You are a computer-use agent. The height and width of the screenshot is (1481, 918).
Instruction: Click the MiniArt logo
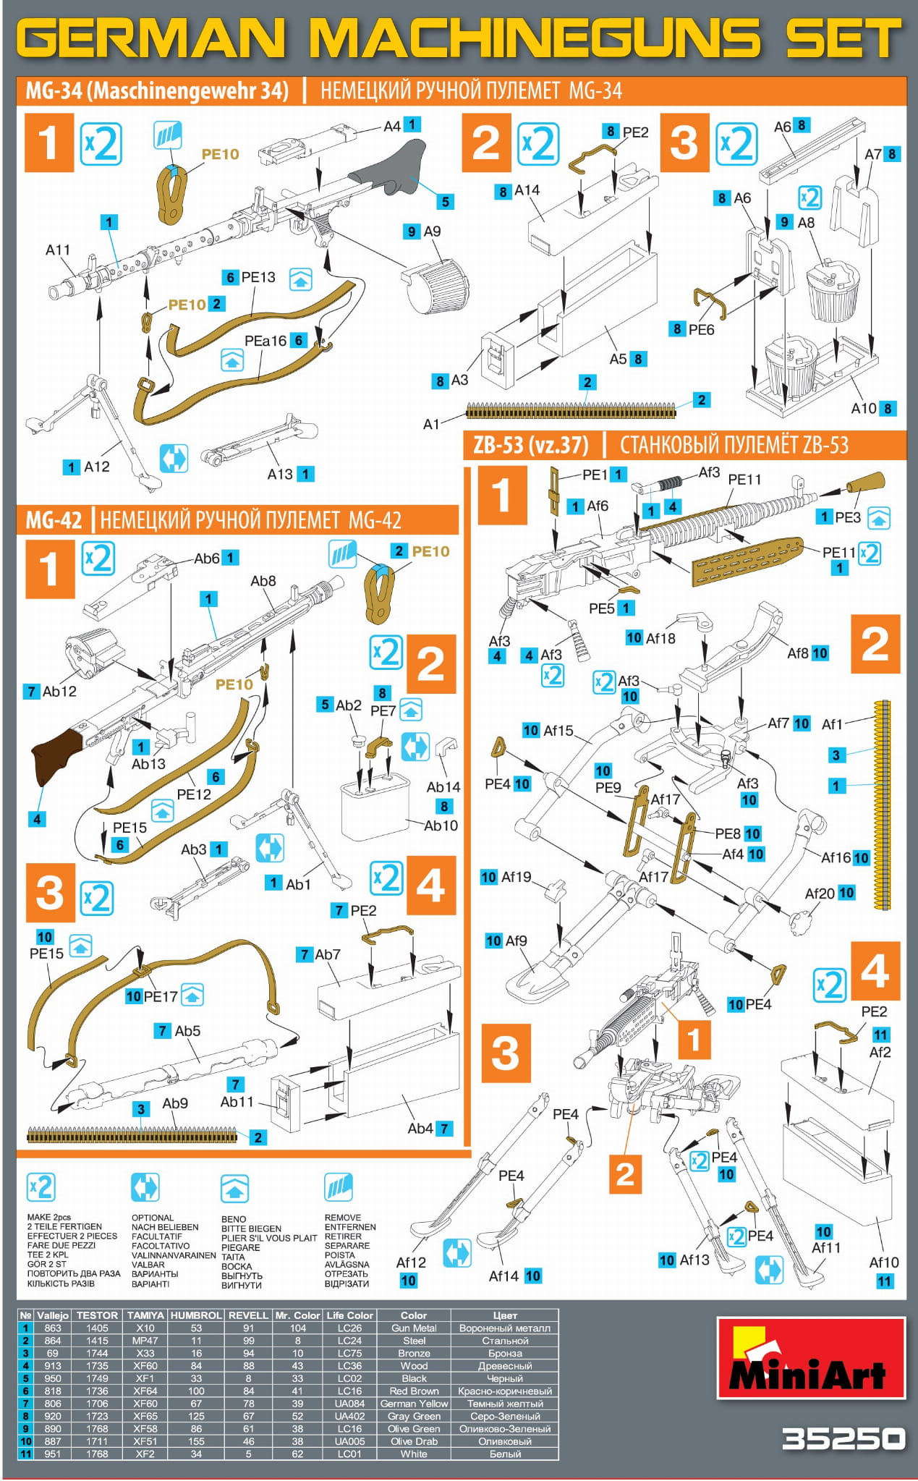pyautogui.click(x=811, y=1358)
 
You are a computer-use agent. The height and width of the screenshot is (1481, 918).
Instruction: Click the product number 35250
pyautogui.click(x=843, y=1439)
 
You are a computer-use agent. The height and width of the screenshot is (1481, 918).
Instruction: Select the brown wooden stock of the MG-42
pyautogui.click(x=57, y=755)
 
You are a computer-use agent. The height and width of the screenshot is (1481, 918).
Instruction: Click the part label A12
pyautogui.click(x=97, y=467)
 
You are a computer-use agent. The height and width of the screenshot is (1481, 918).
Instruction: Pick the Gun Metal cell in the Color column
pyautogui.click(x=414, y=1328)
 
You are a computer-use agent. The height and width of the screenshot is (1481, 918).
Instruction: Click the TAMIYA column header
pyautogui.click(x=145, y=1315)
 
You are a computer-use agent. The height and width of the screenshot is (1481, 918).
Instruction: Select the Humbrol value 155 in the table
pyautogui.click(x=196, y=1440)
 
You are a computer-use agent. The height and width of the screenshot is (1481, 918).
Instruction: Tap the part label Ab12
pyautogui.click(x=59, y=691)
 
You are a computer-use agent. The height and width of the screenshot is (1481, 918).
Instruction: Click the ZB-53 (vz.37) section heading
pyautogui.click(x=530, y=445)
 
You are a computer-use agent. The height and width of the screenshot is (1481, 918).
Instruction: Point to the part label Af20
pyautogui.click(x=820, y=894)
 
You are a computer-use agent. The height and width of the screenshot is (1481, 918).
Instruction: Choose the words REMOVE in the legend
pyautogui.click(x=343, y=1218)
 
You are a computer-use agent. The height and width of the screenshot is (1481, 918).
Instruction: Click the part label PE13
pyautogui.click(x=258, y=277)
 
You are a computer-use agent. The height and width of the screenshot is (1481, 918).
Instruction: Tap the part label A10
pyautogui.click(x=864, y=408)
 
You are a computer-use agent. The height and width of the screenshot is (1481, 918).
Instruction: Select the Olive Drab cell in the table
pyautogui.click(x=414, y=1440)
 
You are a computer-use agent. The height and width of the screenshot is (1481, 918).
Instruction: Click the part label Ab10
pyautogui.click(x=441, y=826)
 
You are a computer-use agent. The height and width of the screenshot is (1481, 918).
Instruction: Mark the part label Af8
pyautogui.click(x=798, y=653)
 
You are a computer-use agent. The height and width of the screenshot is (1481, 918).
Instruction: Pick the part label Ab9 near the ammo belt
pyautogui.click(x=175, y=1103)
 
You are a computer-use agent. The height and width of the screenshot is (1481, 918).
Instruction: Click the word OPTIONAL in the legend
pyautogui.click(x=153, y=1218)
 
